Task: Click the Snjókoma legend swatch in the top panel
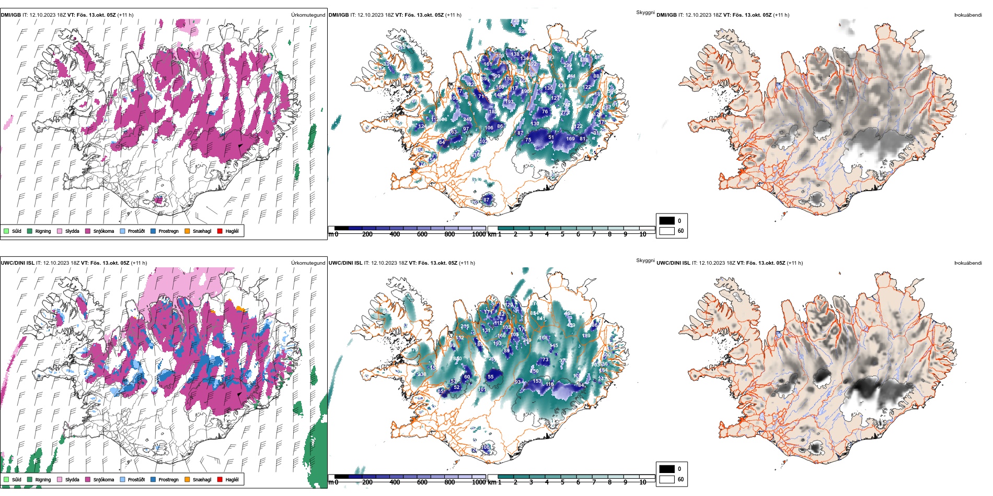tap(88, 231)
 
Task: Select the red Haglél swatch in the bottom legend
tap(220, 479)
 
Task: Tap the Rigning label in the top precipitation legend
tap(43, 231)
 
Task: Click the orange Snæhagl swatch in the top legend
tap(187, 231)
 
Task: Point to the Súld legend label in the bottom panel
tap(17, 480)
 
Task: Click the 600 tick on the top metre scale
tap(422, 234)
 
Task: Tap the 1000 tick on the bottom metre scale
tap(479, 482)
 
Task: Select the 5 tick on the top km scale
tap(562, 234)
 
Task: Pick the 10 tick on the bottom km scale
tap(643, 482)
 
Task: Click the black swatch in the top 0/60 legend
tap(667, 221)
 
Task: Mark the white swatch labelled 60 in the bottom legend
tap(667, 479)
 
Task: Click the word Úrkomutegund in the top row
tap(308, 15)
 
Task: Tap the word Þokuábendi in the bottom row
tap(968, 263)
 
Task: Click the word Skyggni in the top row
tap(645, 13)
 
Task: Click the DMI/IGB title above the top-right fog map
tap(666, 15)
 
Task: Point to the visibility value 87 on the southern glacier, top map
tap(487, 200)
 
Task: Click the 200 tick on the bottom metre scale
tap(367, 482)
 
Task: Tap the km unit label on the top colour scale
tap(492, 234)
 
